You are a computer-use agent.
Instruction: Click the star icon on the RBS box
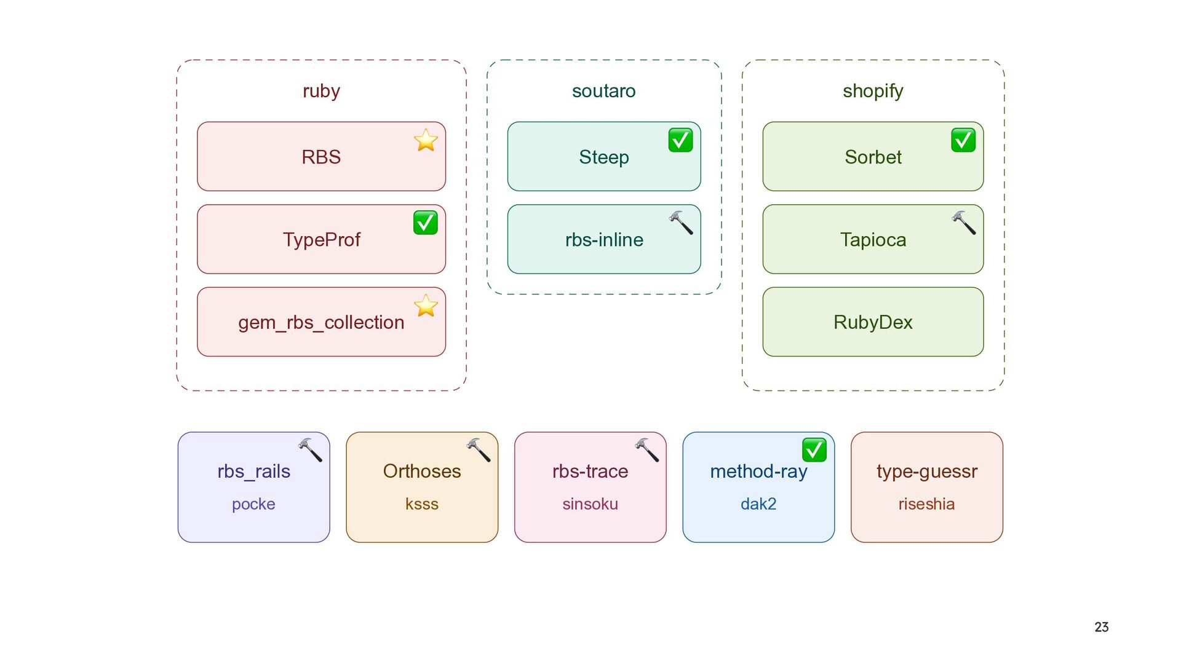click(426, 140)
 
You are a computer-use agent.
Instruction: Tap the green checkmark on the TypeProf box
click(426, 223)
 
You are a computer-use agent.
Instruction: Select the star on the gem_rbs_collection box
click(426, 306)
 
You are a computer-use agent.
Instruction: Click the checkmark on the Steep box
click(680, 140)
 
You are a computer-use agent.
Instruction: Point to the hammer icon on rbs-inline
click(681, 223)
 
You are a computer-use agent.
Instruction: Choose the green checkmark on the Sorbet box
click(963, 140)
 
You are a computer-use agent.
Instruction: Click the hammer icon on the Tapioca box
click(964, 223)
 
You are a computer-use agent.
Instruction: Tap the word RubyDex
click(873, 322)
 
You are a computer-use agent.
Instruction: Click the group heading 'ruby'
click(321, 91)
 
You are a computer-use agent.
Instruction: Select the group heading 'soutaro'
click(604, 91)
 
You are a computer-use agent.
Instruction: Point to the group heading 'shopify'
click(873, 91)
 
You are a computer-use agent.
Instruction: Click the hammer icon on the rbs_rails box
click(310, 450)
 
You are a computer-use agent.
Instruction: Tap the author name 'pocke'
click(253, 504)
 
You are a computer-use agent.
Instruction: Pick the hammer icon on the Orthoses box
click(479, 450)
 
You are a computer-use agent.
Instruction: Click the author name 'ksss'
click(422, 504)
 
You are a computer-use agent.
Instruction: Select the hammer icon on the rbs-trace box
click(647, 450)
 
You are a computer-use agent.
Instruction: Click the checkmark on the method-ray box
click(814, 450)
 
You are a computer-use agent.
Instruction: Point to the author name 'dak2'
click(758, 504)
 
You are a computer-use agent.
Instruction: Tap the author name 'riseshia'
click(926, 504)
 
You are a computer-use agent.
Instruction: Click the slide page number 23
click(1102, 627)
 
